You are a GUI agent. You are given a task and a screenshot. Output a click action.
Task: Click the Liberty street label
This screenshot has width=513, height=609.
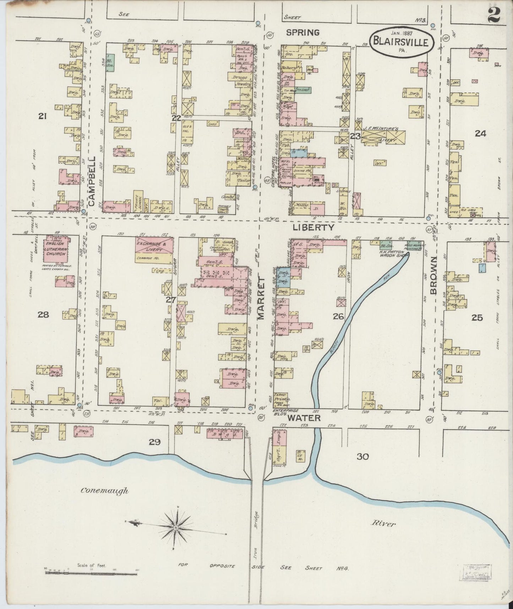coord(313,227)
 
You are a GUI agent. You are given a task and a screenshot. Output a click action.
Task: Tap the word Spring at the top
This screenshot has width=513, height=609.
coord(303,32)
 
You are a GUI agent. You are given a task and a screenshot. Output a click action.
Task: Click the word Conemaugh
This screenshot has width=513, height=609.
coord(104,491)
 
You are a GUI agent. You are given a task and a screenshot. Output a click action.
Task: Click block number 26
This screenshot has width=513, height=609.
coord(338,316)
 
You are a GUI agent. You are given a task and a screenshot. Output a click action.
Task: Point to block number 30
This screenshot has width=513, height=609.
coord(363,457)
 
